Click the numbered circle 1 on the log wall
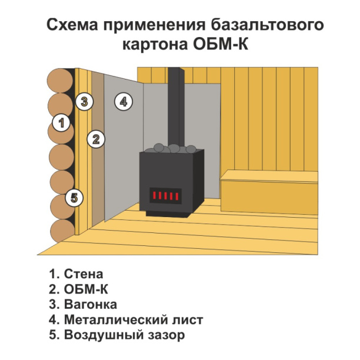[x=61, y=124]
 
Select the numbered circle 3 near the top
[x=85, y=101]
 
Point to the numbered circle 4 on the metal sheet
[x=122, y=101]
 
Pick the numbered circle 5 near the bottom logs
[x=74, y=197]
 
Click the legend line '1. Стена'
[x=76, y=274]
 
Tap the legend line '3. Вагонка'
[x=83, y=305]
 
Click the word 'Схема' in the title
[x=69, y=25]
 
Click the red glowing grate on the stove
[x=166, y=195]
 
